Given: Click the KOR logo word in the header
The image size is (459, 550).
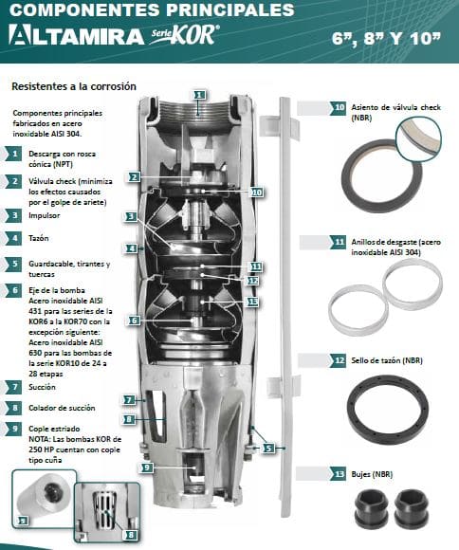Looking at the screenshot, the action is tap(194, 35).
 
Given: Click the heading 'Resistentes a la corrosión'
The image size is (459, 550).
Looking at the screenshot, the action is tap(74, 86).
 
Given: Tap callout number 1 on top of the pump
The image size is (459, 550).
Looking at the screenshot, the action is tap(199, 95).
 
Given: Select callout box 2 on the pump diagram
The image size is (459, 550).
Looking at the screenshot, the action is tap(134, 176).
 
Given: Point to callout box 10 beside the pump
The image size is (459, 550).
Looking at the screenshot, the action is tap(257, 192).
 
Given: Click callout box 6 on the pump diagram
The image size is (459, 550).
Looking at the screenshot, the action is tap(134, 321).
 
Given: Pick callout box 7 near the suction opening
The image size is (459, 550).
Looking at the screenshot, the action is tap(129, 400).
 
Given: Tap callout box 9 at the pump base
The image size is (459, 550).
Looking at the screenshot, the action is tap(147, 467).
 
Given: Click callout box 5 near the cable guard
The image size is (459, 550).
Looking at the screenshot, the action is tap(268, 448).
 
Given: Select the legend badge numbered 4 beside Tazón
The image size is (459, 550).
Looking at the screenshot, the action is tap(15, 238).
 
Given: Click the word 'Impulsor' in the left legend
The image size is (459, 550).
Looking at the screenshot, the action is tap(45, 215).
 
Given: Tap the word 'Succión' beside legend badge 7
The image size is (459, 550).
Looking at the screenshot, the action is tap(42, 387).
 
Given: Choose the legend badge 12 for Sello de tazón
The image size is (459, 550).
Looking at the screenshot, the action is tap(339, 360).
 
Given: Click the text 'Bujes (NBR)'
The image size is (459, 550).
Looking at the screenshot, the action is tap(372, 474).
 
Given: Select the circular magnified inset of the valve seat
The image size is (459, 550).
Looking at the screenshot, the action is tap(418, 138).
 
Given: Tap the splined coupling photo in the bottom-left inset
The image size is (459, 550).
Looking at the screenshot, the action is tap(44, 495).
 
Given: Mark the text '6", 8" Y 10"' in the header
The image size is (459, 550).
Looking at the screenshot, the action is tap(386, 38).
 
